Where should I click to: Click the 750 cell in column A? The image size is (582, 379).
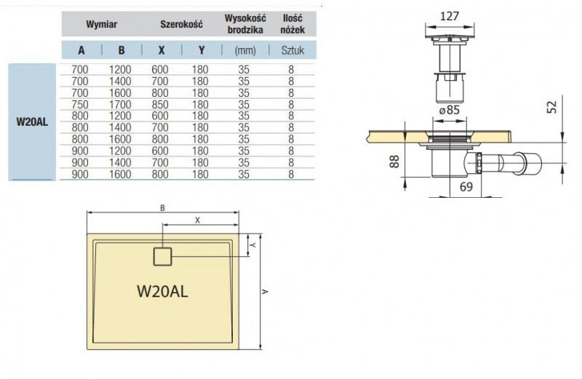(80, 104)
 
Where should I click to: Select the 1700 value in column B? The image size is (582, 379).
(121, 104)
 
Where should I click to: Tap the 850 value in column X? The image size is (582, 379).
(161, 104)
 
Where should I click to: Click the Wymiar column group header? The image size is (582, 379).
(102, 24)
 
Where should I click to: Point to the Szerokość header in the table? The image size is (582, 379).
(181, 24)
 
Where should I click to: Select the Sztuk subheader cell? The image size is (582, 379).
(291, 51)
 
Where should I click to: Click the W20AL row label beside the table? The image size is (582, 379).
(32, 121)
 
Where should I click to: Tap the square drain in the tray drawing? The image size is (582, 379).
(162, 256)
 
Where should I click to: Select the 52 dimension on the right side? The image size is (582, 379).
(553, 107)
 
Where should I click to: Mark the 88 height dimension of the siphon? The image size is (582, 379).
(394, 160)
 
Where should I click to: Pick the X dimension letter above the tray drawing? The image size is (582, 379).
(197, 219)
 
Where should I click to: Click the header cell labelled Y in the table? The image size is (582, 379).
(201, 51)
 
